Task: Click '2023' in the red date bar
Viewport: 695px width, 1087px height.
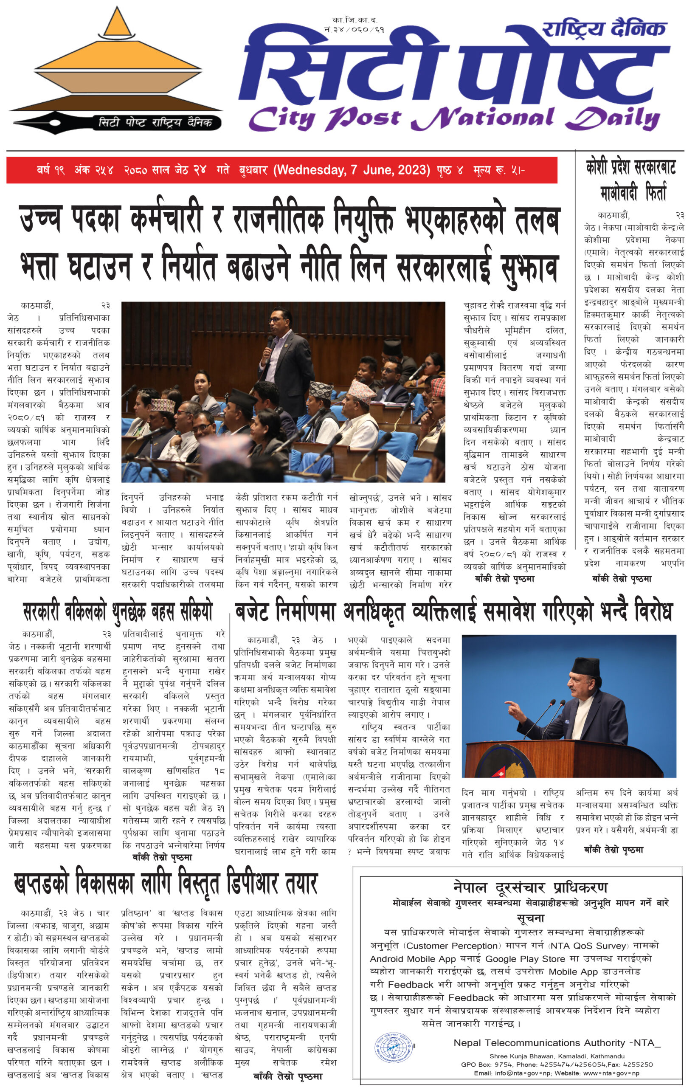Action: (x=410, y=170)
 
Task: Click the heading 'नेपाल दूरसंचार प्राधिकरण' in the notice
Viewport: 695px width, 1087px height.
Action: (x=530, y=888)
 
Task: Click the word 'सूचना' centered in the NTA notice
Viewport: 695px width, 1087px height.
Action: (x=530, y=918)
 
